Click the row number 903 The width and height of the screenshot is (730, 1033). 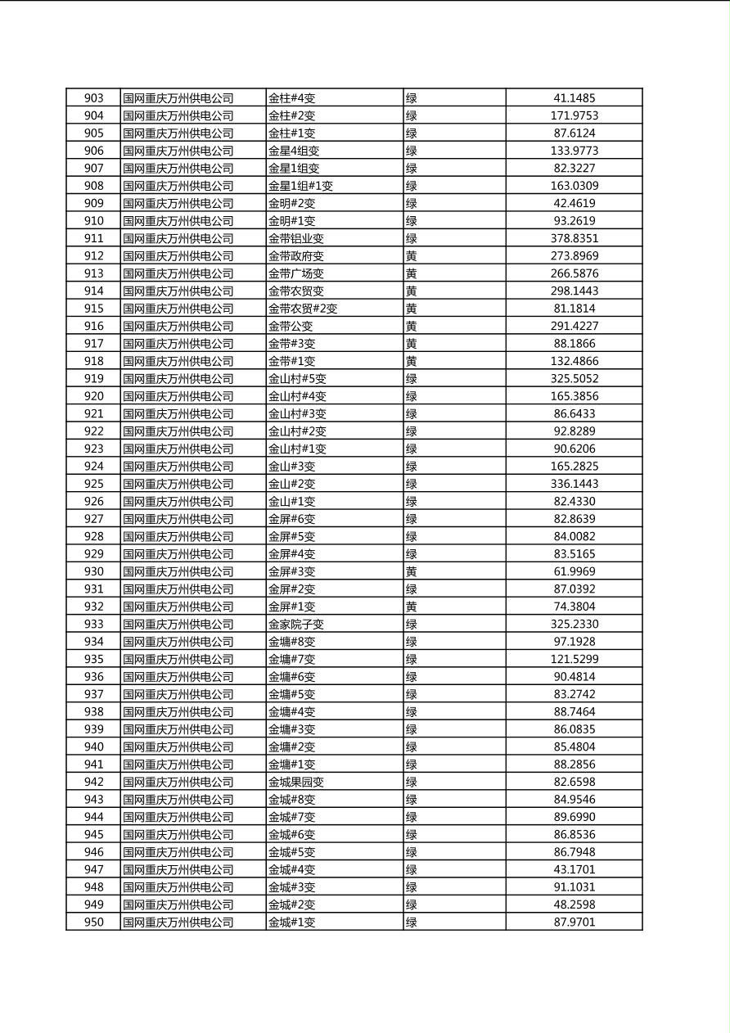pos(93,98)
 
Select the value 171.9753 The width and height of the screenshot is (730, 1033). pos(574,115)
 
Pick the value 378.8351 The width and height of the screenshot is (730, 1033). pos(574,238)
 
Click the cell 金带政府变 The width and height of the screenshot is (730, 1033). pos(296,256)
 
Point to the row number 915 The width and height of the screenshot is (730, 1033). pos(93,309)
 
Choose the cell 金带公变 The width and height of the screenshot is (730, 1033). pos(291,326)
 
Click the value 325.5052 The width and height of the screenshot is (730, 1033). pos(574,378)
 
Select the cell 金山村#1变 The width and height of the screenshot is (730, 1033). pos(297,449)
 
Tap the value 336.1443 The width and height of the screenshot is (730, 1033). pos(574,484)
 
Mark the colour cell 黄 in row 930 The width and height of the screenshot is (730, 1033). pos(412,571)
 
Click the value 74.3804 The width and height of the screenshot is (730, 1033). pos(574,607)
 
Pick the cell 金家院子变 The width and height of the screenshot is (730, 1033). pos(296,624)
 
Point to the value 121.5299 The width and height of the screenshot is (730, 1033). pos(574,659)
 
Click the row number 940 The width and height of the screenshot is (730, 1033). pos(93,747)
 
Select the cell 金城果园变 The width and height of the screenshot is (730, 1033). pos(296,782)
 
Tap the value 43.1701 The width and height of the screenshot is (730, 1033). pos(574,869)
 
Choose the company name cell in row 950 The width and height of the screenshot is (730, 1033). pos(178,922)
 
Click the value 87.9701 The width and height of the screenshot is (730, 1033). pos(574,922)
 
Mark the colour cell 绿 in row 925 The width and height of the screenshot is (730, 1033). pos(412,484)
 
